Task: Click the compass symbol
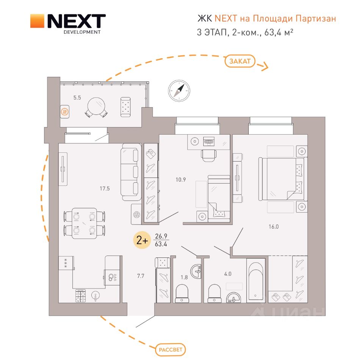click(179, 91)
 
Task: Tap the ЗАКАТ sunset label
click(240, 61)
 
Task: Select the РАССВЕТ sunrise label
click(170, 350)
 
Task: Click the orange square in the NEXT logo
click(37, 21)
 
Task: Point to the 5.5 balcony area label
click(77, 98)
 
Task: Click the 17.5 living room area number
click(105, 188)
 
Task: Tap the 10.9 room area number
click(180, 179)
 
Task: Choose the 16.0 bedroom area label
click(274, 227)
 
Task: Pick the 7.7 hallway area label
click(141, 276)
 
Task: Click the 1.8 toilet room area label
click(184, 277)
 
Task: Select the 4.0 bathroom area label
click(228, 274)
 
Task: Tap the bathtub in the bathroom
click(256, 281)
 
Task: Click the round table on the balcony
click(96, 106)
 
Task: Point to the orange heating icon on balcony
click(65, 112)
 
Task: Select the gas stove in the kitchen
click(80, 296)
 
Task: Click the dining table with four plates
click(84, 223)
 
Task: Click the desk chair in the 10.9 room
click(209, 155)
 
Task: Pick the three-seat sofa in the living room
click(131, 172)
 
